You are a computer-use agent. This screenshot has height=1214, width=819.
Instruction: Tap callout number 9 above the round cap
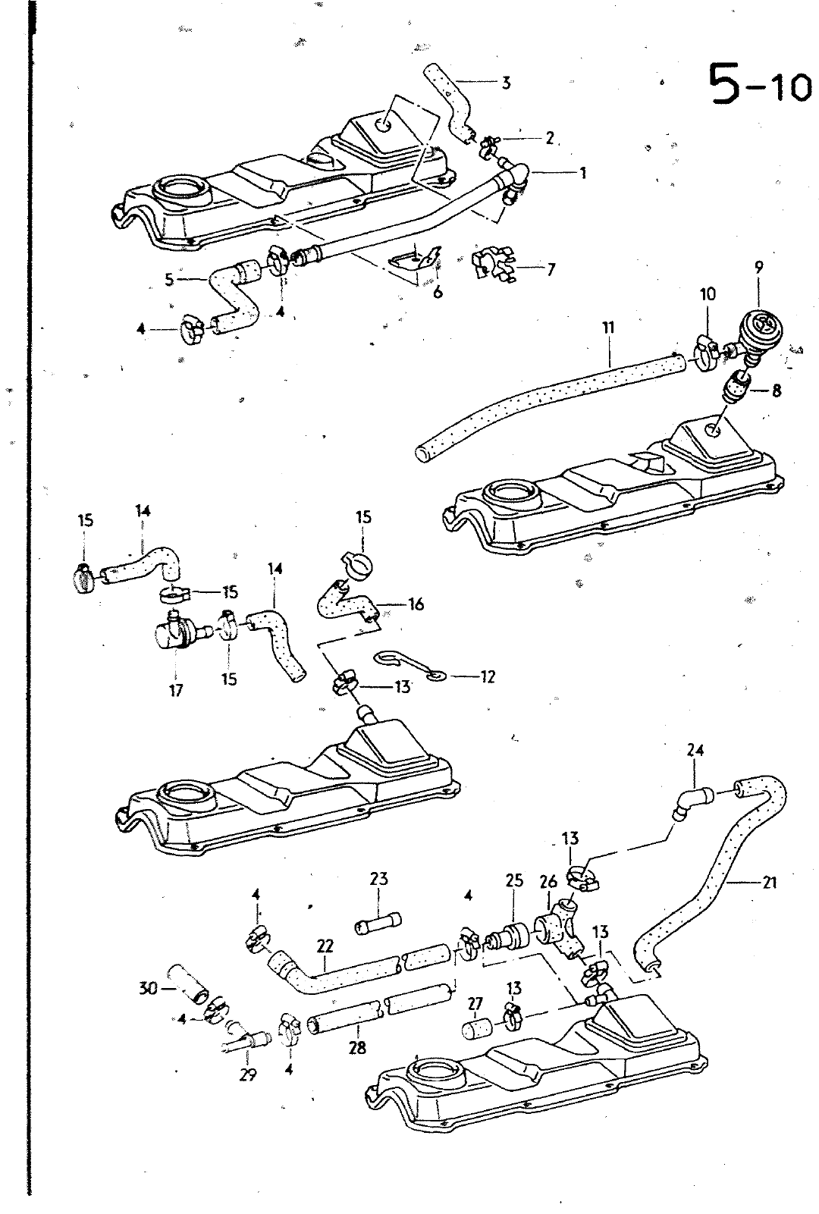759,267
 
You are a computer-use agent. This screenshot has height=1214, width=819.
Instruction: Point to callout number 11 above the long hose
608,328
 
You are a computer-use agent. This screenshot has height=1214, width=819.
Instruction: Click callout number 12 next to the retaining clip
487,676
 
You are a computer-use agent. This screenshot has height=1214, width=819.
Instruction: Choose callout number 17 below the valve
176,690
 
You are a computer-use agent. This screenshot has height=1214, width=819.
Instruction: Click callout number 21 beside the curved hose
770,883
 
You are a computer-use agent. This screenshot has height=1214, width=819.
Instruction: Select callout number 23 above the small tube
378,879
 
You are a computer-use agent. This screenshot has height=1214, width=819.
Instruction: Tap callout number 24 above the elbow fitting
695,750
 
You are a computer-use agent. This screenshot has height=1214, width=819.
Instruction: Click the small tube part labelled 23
377,927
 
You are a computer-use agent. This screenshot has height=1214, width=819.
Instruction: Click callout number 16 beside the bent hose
416,604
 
